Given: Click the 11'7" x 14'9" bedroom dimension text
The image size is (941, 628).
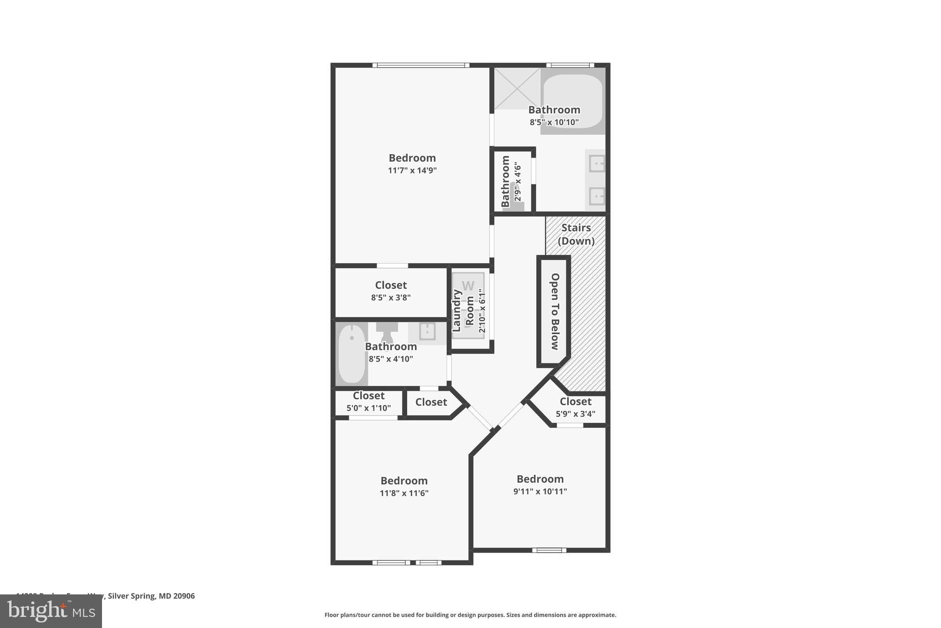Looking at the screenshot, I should (412, 171).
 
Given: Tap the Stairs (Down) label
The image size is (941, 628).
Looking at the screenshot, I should (576, 234).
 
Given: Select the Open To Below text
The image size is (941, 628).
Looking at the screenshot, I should (555, 311).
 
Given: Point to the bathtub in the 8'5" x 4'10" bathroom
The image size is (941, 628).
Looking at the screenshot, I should (351, 354).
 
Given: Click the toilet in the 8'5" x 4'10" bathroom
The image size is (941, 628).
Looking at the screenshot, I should (387, 331).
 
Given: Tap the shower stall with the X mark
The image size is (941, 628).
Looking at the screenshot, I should (517, 88).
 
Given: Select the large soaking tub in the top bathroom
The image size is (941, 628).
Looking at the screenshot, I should (573, 101).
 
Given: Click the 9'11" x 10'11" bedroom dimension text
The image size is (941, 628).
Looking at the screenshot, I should (540, 491).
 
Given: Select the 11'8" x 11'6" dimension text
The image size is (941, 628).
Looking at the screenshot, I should (404, 493).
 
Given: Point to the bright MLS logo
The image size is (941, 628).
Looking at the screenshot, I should (51, 611).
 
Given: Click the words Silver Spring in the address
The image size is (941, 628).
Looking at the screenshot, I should (131, 596).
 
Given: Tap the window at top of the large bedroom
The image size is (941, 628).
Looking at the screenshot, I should (420, 65).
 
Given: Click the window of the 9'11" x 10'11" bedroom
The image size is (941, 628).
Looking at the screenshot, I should (549, 550).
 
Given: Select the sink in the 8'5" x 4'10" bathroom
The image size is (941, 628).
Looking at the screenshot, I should (427, 331).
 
